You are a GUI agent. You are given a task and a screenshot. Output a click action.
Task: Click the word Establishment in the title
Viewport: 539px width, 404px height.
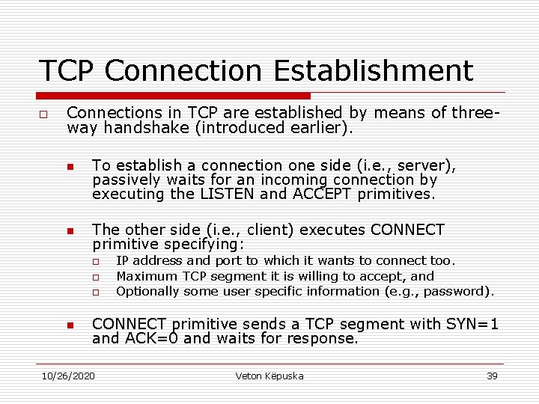[374, 71]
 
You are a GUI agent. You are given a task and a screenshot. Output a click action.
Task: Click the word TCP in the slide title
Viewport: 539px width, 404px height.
[67, 71]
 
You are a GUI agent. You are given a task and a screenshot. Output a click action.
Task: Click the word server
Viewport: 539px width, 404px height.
[426, 165]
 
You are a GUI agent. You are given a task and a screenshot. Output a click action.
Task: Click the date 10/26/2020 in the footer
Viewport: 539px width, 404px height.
[68, 376]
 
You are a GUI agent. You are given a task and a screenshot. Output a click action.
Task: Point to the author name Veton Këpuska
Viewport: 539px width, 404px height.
[269, 376]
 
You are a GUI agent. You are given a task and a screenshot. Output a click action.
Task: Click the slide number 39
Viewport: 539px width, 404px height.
[492, 376]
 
